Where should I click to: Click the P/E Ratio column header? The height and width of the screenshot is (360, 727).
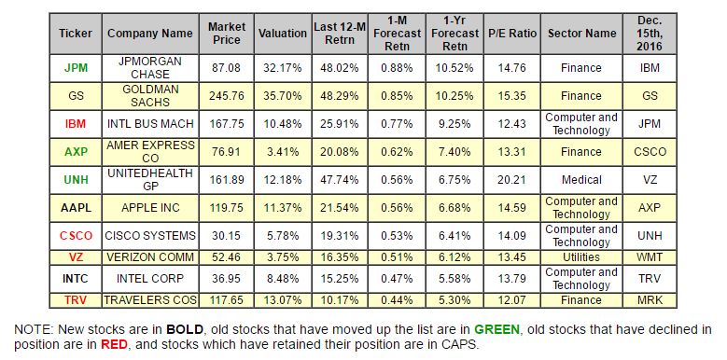click(x=511, y=34)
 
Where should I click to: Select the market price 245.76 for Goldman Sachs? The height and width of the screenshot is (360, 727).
click(x=226, y=96)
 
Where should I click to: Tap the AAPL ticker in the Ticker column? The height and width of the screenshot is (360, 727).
click(x=76, y=208)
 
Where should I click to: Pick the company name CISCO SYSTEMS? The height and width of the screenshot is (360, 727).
click(x=150, y=235)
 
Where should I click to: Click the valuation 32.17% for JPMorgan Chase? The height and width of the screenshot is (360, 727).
click(x=283, y=68)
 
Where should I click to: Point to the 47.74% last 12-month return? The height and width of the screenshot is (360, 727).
click(x=340, y=180)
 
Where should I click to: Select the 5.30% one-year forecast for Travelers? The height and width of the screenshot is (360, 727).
click(x=454, y=299)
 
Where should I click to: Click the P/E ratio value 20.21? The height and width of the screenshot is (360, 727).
click(x=511, y=180)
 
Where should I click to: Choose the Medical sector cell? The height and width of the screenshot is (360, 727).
click(x=581, y=180)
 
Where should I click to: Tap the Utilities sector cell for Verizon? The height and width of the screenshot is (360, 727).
click(x=581, y=257)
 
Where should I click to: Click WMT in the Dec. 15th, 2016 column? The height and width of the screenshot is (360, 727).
click(x=650, y=257)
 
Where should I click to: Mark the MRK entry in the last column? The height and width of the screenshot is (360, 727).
click(x=650, y=299)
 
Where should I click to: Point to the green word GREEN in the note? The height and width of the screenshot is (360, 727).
click(x=496, y=330)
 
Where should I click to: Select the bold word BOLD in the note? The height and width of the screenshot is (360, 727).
click(x=185, y=330)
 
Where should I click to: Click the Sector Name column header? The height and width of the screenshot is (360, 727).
click(x=581, y=34)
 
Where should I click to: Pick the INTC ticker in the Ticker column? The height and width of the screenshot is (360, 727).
click(x=75, y=279)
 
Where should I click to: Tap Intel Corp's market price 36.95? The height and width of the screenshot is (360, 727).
click(x=226, y=279)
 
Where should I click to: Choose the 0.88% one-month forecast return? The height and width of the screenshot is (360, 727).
click(x=397, y=68)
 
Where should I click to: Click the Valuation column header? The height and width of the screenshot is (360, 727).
click(x=283, y=34)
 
